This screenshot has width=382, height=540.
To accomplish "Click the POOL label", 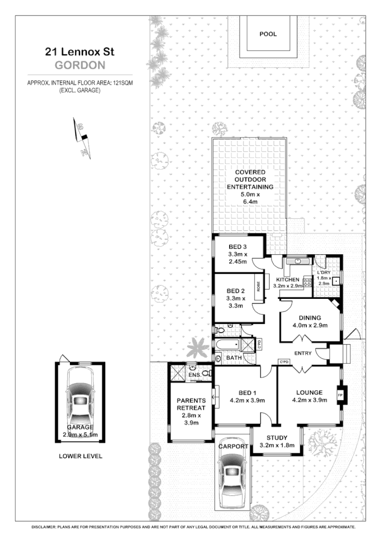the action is coord(268,34).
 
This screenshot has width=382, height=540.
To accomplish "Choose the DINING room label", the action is coord(309,319).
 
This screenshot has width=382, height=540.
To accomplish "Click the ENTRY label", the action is coord(302,353).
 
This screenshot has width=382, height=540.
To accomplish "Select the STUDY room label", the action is coord(277,438).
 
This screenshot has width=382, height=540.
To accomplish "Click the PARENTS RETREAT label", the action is coord(191,404).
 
